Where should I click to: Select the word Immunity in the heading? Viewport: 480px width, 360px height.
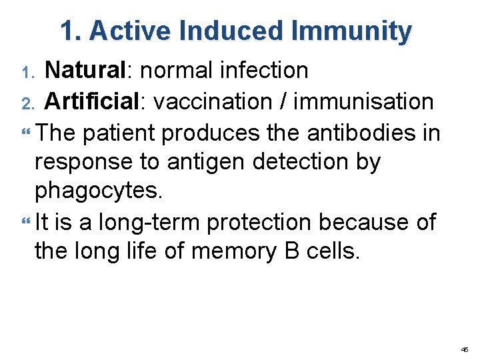(351, 31)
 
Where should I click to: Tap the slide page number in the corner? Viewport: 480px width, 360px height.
(465, 349)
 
